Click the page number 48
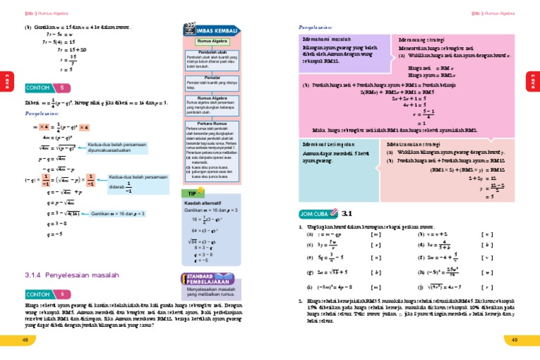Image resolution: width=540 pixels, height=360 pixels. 25,340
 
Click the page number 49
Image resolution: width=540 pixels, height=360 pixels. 515,340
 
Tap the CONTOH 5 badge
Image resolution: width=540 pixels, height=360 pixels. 47,88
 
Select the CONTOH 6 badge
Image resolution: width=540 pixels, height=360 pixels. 47,294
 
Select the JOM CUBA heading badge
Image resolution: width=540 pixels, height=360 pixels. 314,213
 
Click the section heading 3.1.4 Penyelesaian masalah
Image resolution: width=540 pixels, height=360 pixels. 67,275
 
